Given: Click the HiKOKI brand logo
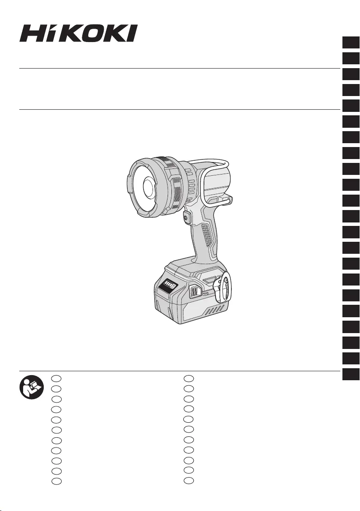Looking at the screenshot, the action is pos(78,33).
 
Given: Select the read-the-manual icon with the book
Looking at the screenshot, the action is pos(32,387).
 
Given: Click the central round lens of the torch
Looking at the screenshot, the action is pos(149,188).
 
